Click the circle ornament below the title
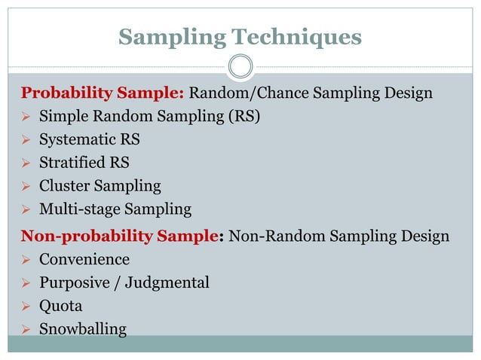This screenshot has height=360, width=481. [x=240, y=66]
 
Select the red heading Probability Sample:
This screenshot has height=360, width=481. [x=103, y=93]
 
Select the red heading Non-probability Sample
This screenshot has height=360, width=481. [x=121, y=236]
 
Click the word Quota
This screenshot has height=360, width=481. [x=60, y=306]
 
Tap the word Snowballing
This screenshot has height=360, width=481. [x=83, y=329]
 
